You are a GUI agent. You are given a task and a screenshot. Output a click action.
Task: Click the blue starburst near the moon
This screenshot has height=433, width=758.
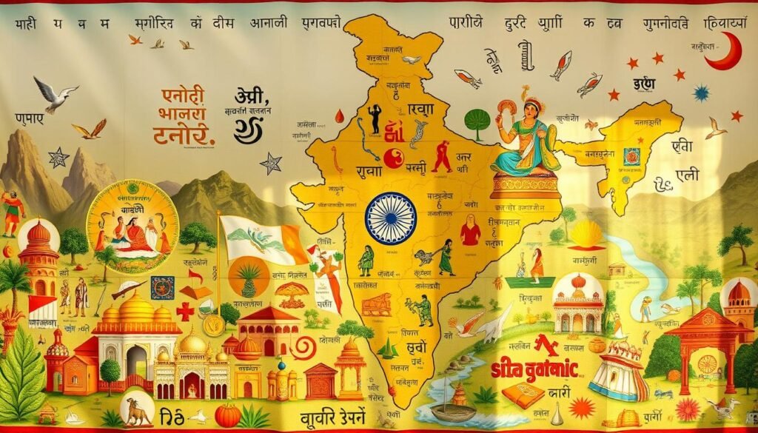(700, 93)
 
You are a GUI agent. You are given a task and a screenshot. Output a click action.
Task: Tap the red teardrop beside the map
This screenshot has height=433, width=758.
(340, 115)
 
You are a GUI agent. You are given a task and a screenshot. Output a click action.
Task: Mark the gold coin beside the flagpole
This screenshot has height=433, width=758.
(214, 324)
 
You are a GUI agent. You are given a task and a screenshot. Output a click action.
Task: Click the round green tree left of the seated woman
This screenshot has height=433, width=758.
(477, 122)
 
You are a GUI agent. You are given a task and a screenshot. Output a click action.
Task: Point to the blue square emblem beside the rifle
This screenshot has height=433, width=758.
(162, 287)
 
